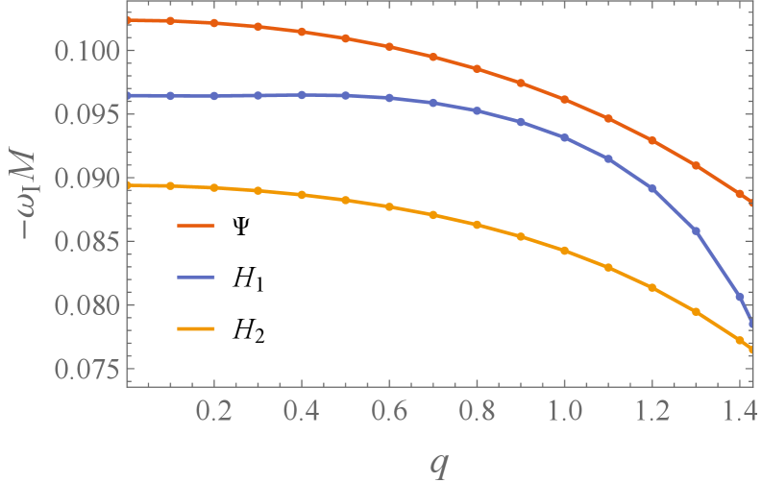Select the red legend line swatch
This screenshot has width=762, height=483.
(195, 227)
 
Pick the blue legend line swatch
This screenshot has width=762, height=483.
(195, 278)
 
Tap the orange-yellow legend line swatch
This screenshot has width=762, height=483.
(195, 329)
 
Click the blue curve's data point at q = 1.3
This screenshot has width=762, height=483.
(696, 230)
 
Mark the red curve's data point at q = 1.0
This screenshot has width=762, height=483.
(564, 100)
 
